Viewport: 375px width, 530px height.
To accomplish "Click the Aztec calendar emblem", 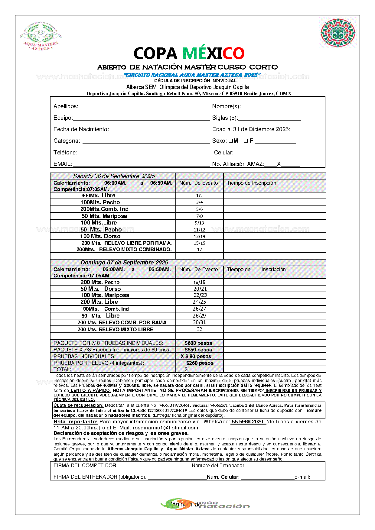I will pyautogui.click(x=337, y=33).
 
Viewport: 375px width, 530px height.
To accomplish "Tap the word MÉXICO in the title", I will pyautogui.click(x=213, y=53).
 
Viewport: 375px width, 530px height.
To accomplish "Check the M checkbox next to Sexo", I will pyautogui.click(x=230, y=141).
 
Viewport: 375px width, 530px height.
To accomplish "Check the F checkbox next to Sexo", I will pyautogui.click(x=246, y=141).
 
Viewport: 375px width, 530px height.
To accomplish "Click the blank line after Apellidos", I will pyautogui.click(x=144, y=106).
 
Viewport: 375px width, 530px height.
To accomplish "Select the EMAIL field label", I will pyautogui.click(x=63, y=164).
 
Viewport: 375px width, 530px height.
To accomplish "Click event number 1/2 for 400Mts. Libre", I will pyautogui.click(x=199, y=196).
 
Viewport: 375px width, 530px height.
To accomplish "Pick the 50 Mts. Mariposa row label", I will pyautogui.click(x=104, y=216).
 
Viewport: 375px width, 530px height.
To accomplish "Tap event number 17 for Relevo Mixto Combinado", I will pyautogui.click(x=199, y=250).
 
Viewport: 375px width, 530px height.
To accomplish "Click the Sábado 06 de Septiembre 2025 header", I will pyautogui.click(x=114, y=176).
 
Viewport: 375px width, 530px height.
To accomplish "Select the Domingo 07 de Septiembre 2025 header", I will pyautogui.click(x=124, y=263).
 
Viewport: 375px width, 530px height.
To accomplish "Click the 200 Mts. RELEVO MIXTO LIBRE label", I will pyautogui.click(x=115, y=329).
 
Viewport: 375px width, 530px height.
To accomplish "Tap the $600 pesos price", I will pyautogui.click(x=198, y=343).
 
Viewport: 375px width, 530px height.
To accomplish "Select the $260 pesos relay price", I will pyautogui.click(x=200, y=363).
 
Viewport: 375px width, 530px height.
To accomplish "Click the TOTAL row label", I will pyautogui.click(x=63, y=369).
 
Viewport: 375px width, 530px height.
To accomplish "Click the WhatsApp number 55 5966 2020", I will pyautogui.click(x=247, y=422).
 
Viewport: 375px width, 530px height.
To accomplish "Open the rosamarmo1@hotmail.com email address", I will pyautogui.click(x=165, y=428).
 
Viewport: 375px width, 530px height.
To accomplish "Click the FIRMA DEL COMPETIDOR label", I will pyautogui.click(x=86, y=466).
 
